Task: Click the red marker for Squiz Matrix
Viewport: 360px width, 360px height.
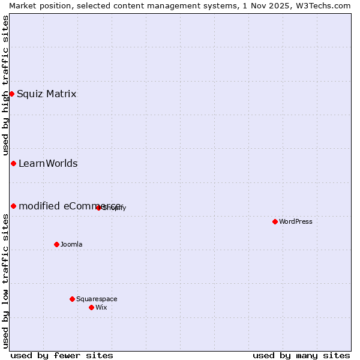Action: click(x=11, y=94)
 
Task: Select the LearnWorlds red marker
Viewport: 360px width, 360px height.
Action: click(x=13, y=163)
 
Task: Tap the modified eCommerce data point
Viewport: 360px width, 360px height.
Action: click(x=13, y=206)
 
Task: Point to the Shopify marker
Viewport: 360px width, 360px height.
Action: click(x=98, y=208)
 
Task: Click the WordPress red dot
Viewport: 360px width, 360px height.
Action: click(x=275, y=221)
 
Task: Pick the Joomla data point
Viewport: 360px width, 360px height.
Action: click(x=56, y=244)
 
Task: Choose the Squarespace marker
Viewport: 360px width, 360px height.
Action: click(x=72, y=299)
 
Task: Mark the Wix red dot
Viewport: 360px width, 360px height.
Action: click(x=91, y=307)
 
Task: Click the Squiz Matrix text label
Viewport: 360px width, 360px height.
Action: click(x=47, y=94)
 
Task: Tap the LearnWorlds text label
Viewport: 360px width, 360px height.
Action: click(x=48, y=163)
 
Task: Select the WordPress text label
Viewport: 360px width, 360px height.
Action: click(x=296, y=221)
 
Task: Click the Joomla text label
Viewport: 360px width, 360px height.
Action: click(x=71, y=244)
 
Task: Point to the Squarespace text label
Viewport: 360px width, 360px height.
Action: click(x=97, y=299)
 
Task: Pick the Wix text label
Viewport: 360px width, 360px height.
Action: click(x=101, y=307)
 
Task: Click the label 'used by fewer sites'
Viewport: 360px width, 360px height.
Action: click(x=62, y=355)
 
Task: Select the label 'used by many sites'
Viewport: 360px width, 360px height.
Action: click(x=301, y=355)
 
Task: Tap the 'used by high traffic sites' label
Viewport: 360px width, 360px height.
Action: click(x=5, y=84)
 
